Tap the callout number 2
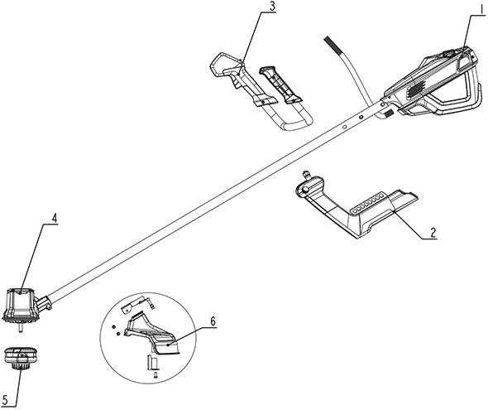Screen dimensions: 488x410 point(433,232)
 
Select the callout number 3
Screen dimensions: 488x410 point(272,7)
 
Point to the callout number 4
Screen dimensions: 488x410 point(54,219)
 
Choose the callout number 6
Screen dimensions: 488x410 point(213,321)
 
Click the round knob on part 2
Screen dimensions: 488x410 point(306,189)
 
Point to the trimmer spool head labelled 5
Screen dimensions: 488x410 point(19,358)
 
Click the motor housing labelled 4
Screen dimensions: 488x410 point(21,304)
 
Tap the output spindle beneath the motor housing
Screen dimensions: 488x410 point(21,328)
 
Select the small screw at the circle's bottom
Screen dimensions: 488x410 point(155,375)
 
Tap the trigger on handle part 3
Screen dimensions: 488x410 point(237,83)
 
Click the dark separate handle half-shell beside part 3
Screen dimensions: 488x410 point(280,84)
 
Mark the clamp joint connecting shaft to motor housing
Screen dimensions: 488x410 point(44,303)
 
